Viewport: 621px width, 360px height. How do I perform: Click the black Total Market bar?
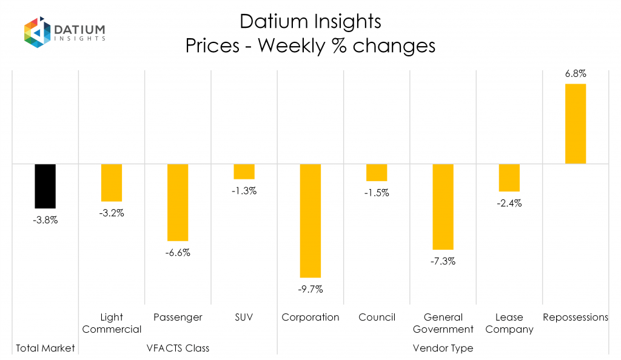[45, 186]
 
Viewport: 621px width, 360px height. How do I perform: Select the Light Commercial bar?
[112, 182]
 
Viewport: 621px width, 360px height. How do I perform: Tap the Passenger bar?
[178, 202]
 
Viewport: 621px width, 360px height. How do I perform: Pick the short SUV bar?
[244, 172]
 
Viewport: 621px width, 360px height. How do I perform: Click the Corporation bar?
[310, 221]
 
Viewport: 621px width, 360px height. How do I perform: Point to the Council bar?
[377, 173]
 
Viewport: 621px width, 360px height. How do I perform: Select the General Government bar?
[443, 207]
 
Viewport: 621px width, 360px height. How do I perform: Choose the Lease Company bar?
[509, 178]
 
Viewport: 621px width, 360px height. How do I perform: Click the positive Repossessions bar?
[576, 124]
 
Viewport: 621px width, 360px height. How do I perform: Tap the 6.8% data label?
[576, 74]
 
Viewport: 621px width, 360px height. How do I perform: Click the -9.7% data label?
[310, 289]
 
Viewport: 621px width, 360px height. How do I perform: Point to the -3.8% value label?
[45, 220]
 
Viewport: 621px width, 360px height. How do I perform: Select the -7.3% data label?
[443, 261]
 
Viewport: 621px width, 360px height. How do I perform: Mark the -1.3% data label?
[244, 191]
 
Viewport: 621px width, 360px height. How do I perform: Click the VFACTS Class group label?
[178, 348]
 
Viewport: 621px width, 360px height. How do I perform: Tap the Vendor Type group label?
[443, 348]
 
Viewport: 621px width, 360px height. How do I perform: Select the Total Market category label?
[45, 348]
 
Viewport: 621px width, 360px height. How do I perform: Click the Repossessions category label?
[576, 317]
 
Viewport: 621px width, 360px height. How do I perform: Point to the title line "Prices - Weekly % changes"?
[310, 46]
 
